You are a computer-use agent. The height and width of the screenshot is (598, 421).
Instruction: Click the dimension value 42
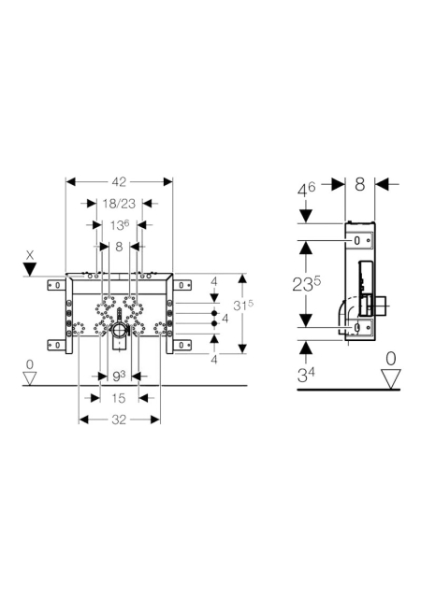[119, 182]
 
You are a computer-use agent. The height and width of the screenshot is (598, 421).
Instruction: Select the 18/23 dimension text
[119, 204]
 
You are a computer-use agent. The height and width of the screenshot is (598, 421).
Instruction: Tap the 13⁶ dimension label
[119, 225]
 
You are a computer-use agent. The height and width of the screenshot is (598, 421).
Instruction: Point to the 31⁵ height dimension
[243, 305]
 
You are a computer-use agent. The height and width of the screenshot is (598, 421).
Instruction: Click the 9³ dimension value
[119, 377]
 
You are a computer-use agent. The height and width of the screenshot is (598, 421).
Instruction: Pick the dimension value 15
[119, 398]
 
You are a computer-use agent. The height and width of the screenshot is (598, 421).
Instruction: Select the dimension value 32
[119, 420]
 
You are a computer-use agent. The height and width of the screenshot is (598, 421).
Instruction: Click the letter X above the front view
[30, 255]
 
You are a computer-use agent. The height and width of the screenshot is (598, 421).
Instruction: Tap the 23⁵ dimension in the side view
[306, 284]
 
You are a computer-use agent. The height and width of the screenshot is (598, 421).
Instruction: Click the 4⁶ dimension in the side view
[306, 189]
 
